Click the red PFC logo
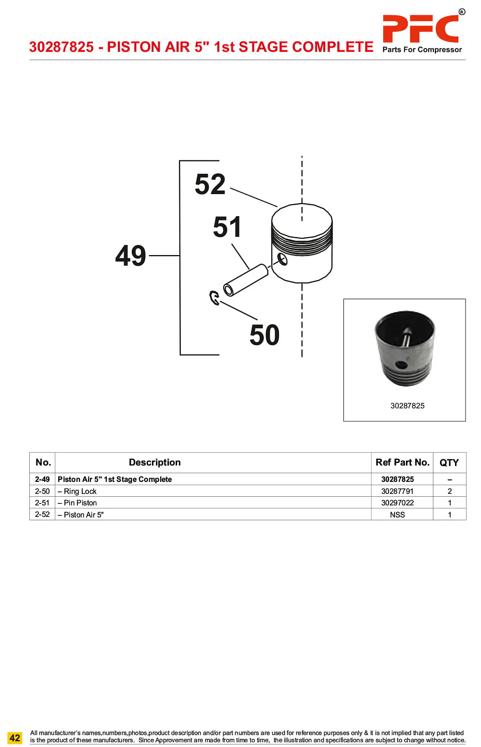420,29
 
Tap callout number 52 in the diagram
210,184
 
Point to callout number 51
227,227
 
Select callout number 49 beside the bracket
130,256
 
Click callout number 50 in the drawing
265,335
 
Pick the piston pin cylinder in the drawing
245,280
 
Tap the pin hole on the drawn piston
282,259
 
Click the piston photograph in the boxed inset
405,348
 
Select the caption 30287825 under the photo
407,406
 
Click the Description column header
154,462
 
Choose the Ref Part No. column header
402,462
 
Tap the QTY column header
449,463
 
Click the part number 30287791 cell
397,491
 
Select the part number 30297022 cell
397,503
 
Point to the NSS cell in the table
397,514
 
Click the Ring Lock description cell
77,491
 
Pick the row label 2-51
42,503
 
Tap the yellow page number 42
15,738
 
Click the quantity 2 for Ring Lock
450,491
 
